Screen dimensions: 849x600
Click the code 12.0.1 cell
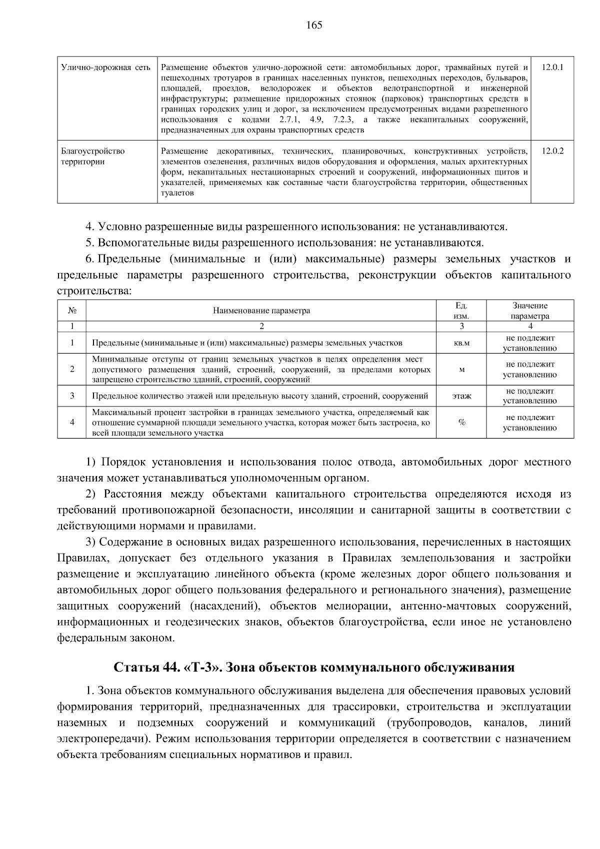point(552,67)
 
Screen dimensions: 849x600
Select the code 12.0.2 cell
point(552,151)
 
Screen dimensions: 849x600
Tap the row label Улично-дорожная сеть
point(105,67)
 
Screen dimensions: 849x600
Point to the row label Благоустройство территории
point(92,156)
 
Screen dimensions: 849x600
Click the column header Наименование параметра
point(261,310)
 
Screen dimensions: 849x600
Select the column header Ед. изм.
point(461,310)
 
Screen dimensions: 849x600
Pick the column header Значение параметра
point(529,310)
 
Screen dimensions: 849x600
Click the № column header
point(72,310)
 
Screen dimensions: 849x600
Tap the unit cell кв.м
point(461,343)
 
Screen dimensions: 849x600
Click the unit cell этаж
point(461,396)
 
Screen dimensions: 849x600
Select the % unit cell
point(461,422)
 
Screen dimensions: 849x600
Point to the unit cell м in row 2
point(461,369)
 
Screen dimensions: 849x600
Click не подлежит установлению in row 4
point(529,422)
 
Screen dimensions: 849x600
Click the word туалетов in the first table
point(177,193)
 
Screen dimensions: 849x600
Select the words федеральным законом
point(115,638)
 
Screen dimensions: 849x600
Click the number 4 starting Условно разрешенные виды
point(89,227)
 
